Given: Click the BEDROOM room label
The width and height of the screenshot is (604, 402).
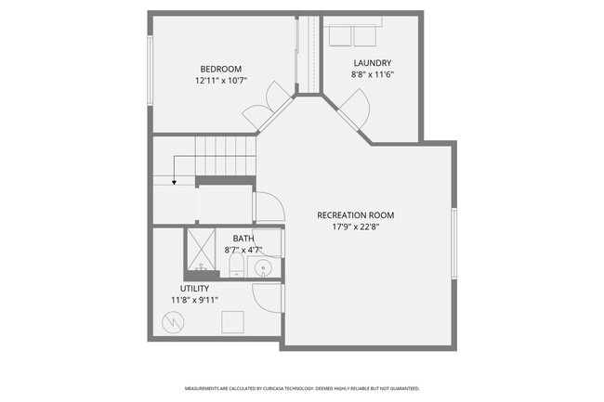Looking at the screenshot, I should (221, 68).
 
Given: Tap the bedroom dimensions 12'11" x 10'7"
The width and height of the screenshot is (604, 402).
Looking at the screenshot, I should (221, 81).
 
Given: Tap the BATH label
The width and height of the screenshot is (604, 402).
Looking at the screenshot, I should (243, 238).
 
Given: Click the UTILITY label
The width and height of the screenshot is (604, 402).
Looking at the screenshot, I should (194, 289).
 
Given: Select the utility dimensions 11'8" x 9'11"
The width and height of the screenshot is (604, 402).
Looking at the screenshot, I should (194, 301).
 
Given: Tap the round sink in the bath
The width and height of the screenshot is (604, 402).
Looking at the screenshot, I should (264, 269).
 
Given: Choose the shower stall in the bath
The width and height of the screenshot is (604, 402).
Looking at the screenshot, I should (200, 250).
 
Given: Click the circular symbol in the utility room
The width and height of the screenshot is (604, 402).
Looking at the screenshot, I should (174, 322).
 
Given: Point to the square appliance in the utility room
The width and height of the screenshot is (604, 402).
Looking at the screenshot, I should (232, 321).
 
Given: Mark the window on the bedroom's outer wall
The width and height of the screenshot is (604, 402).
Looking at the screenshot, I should (150, 64).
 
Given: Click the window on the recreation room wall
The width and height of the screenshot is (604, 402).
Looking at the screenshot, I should (454, 243).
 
